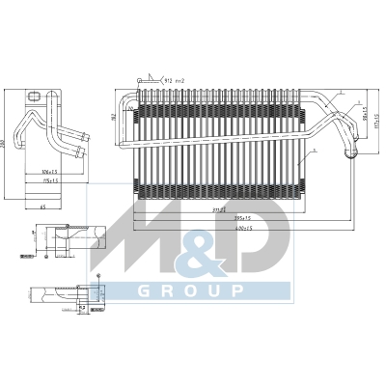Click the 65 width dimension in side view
tap(43, 207)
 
